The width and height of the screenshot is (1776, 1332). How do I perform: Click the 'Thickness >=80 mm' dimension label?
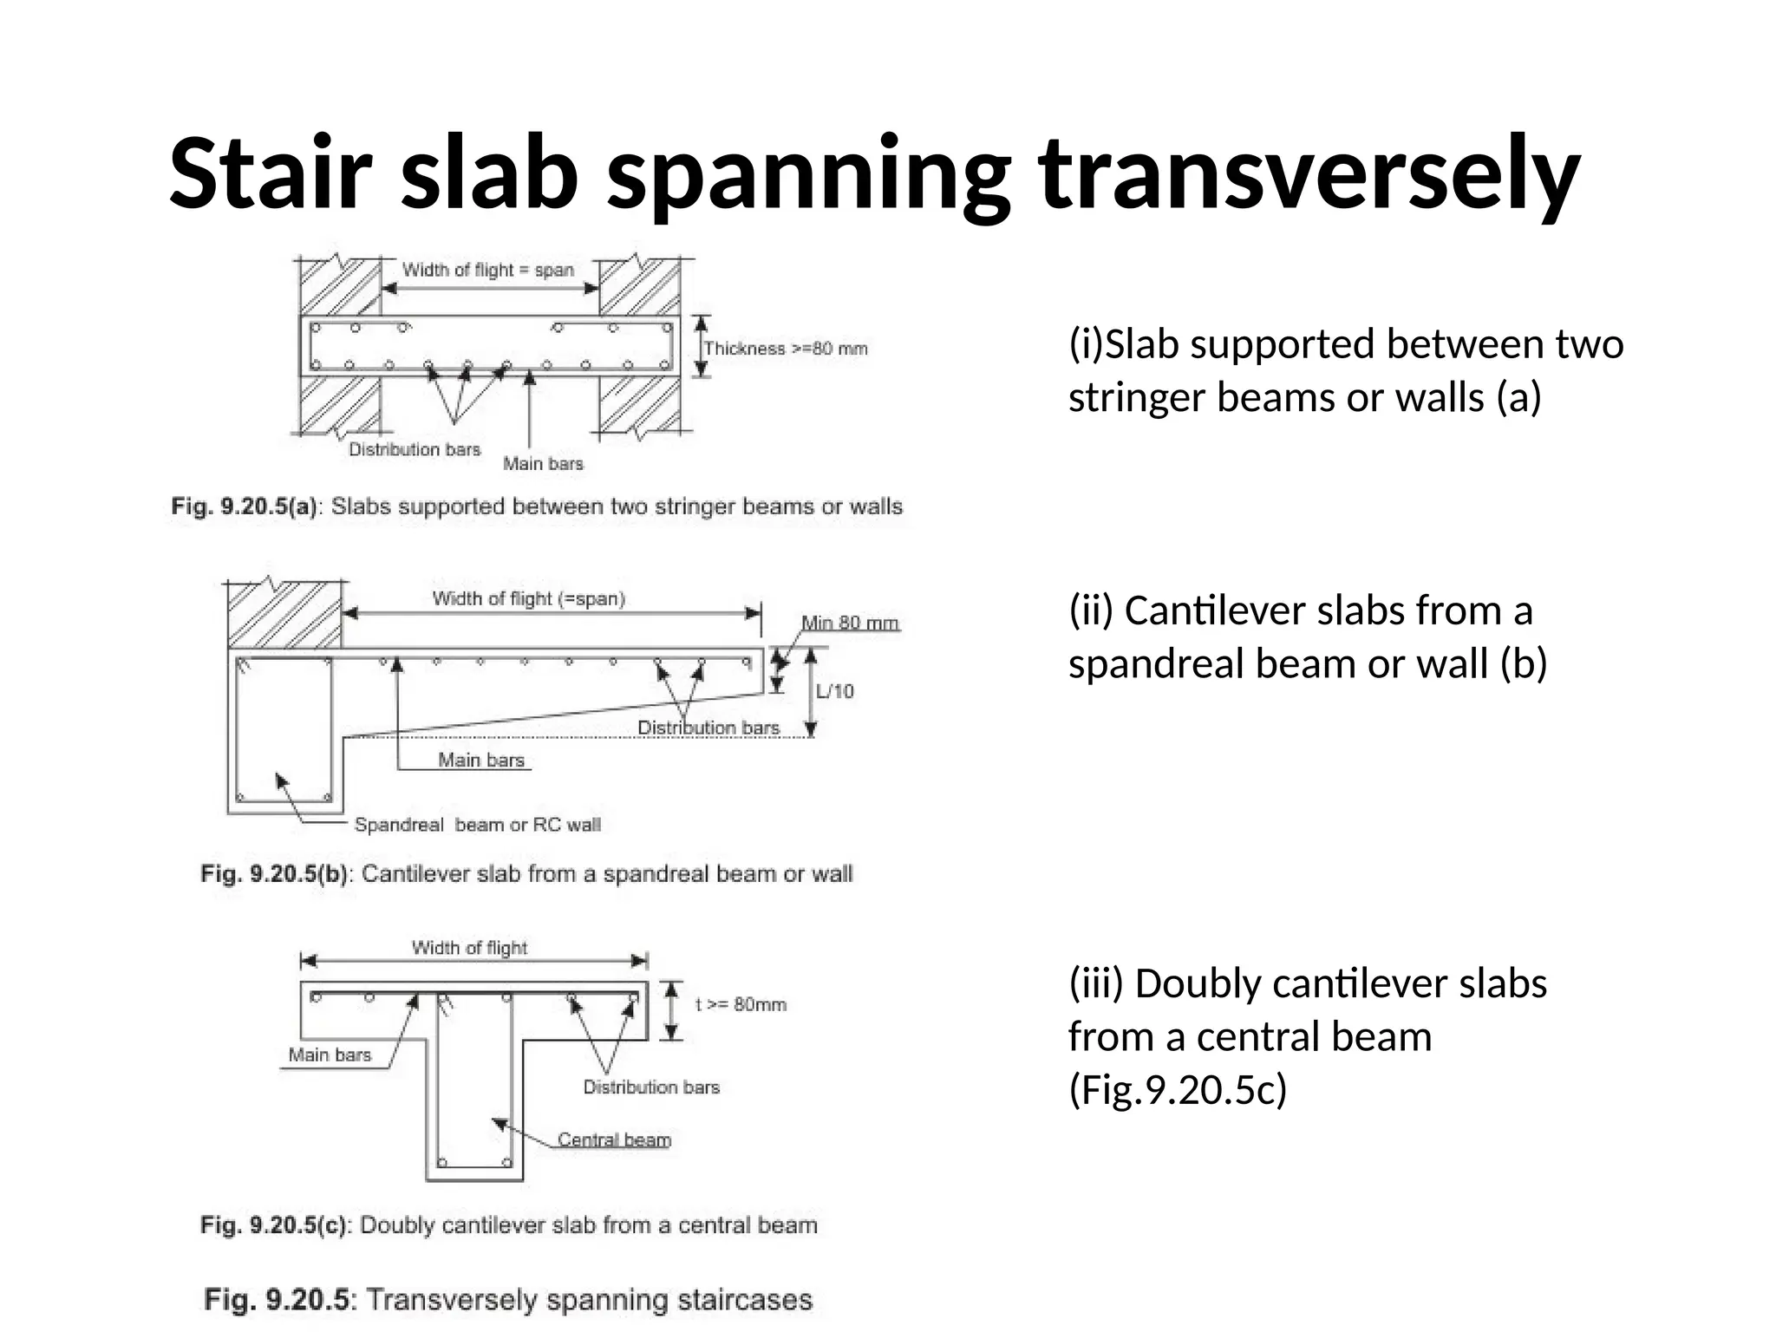(785, 349)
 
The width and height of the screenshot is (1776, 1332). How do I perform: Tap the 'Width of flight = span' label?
(488, 270)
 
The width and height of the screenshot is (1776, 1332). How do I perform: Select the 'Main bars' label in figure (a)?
(543, 464)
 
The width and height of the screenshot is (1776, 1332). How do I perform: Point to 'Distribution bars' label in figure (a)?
(415, 449)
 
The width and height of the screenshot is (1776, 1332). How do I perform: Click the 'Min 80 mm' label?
(850, 623)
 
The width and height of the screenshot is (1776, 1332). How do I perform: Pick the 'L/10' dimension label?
(834, 691)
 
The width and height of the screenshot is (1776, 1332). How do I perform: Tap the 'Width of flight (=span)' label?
(529, 598)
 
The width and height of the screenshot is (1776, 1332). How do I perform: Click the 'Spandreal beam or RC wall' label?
(477, 825)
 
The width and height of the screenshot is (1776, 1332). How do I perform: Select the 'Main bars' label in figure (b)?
(481, 761)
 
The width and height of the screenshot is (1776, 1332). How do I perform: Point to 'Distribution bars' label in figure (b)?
(708, 728)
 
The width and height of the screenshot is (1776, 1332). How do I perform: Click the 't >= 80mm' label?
(741, 1004)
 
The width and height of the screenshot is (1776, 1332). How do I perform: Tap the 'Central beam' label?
(614, 1139)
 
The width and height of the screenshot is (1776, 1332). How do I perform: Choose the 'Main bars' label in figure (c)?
(330, 1054)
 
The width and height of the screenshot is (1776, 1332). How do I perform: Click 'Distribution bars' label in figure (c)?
(651, 1087)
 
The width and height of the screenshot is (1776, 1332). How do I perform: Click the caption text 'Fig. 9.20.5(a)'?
(245, 506)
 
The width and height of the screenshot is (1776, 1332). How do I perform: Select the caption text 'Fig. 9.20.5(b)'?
(274, 873)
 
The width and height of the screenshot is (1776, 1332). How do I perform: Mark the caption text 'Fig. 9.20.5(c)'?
(273, 1225)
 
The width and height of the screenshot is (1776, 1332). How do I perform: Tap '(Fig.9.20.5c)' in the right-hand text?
(1178, 1089)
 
